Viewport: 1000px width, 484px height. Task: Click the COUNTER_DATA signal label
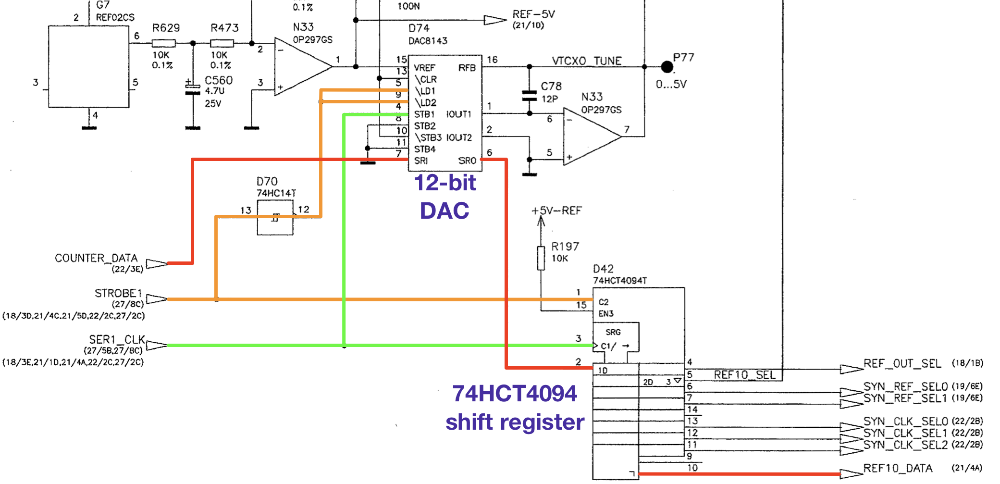point(96,258)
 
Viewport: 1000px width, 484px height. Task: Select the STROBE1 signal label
point(118,293)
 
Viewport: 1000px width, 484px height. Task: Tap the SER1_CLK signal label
point(117,340)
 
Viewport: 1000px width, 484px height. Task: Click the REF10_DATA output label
point(898,468)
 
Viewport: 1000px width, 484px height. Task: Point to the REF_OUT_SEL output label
point(902,364)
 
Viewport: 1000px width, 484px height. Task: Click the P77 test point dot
point(667,67)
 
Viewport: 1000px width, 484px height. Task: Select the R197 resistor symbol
point(541,258)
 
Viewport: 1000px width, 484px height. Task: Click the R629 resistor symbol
point(163,43)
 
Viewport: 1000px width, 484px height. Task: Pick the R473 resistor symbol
point(222,43)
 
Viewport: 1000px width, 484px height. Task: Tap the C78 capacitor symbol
point(529,96)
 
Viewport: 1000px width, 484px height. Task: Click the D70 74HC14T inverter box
point(275,218)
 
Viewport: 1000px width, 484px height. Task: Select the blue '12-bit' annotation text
point(445,183)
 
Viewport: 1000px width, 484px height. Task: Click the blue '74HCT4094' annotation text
point(514,394)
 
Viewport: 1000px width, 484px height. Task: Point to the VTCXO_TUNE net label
point(587,61)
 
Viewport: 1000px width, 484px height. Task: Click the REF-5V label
point(533,14)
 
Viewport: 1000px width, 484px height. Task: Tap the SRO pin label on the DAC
point(467,161)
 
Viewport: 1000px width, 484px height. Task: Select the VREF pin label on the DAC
point(424,68)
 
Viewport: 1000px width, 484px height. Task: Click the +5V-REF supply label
point(556,211)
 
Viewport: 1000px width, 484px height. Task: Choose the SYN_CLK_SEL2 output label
point(905,445)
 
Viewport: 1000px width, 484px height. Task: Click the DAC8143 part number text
point(428,41)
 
